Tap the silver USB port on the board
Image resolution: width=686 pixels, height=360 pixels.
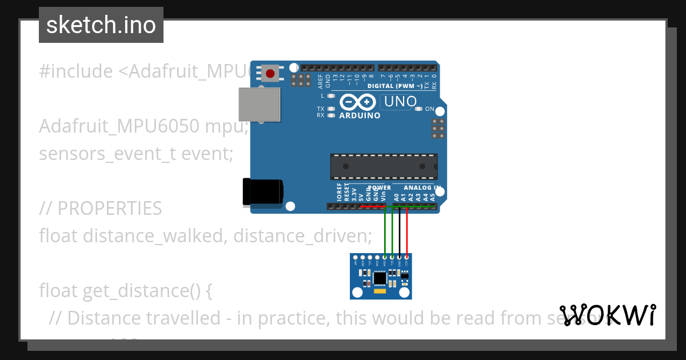[259, 104]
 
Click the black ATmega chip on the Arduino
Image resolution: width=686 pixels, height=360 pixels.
[384, 166]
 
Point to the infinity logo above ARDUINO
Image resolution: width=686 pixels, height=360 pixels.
[358, 103]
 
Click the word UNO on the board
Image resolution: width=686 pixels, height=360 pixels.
[400, 102]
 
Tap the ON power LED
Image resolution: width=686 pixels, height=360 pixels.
[418, 109]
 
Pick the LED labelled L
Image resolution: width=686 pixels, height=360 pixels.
[331, 96]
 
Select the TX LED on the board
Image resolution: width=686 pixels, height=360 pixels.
[331, 109]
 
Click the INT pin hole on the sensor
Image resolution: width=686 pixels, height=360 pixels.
[356, 258]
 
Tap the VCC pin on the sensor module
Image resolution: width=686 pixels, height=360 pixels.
[406, 258]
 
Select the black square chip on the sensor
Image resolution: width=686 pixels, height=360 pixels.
[380, 278]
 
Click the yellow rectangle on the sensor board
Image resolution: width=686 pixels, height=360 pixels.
[380, 291]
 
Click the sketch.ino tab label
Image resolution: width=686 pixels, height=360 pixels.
[101, 25]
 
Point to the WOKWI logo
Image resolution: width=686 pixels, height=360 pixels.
[607, 315]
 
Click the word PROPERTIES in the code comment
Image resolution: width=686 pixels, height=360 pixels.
[109, 209]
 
